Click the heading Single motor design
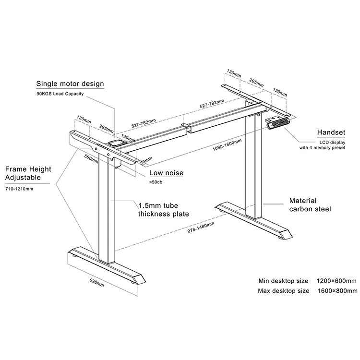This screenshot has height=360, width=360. click(x=70, y=84)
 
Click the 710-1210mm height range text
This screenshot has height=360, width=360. click(x=19, y=189)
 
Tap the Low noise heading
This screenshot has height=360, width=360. click(x=166, y=173)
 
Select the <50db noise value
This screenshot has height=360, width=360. click(x=156, y=182)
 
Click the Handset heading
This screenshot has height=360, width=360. click(x=331, y=132)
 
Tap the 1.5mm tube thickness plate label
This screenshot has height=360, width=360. click(x=163, y=210)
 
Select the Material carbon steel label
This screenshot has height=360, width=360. click(x=310, y=205)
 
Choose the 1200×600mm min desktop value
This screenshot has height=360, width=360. click(x=336, y=281)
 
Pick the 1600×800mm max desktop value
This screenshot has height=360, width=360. click(x=336, y=291)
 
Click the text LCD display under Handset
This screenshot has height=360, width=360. click(x=329, y=142)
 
